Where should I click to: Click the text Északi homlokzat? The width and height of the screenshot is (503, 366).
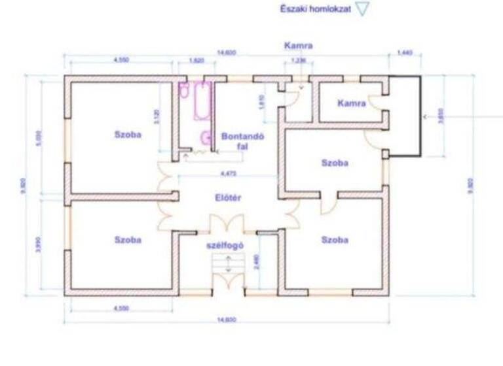point(316,10)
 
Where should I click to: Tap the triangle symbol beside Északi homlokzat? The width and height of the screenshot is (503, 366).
point(363,10)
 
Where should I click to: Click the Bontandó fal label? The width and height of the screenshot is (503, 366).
point(242,142)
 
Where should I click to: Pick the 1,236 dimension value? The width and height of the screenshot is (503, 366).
point(297,60)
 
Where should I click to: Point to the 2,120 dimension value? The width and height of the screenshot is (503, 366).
point(156,116)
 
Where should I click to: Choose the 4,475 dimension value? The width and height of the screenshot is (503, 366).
point(228,174)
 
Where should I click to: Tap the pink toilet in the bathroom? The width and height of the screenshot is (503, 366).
point(184,92)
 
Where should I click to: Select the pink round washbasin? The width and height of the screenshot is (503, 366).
point(205,137)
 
